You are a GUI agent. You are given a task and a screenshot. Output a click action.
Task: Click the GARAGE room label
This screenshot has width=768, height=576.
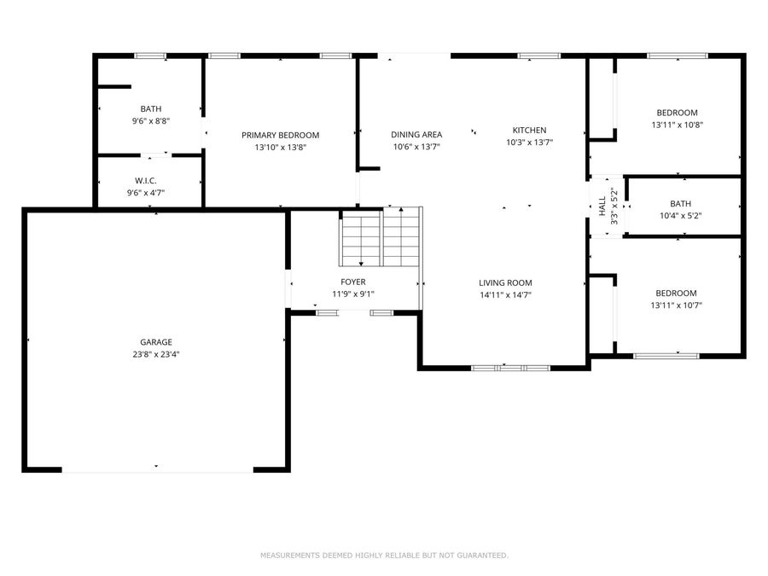[156, 342]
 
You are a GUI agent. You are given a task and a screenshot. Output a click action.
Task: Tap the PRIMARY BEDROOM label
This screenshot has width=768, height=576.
[280, 135]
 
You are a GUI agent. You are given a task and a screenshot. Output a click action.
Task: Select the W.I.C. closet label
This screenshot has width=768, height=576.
[145, 181]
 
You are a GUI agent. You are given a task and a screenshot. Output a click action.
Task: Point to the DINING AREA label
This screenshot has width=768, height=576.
[416, 134]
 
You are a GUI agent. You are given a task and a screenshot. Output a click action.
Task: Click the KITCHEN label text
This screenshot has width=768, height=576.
[529, 130]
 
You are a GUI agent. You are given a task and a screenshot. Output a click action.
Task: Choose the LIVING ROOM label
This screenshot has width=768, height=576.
[505, 282]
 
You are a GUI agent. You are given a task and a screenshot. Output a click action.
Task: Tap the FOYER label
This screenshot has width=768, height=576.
[352, 282]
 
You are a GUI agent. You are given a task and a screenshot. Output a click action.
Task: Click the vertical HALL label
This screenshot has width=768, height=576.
[602, 207]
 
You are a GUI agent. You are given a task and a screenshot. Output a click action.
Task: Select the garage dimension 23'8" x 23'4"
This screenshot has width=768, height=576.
[156, 354]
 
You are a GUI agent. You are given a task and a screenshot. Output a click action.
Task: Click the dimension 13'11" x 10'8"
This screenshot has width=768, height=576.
[677, 125]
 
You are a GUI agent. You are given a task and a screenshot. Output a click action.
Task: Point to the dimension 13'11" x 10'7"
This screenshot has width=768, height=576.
[676, 305]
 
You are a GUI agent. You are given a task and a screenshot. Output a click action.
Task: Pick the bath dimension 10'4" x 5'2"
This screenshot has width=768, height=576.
[680, 216]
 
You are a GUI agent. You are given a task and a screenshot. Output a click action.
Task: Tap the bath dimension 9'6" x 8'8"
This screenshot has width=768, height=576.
[150, 120]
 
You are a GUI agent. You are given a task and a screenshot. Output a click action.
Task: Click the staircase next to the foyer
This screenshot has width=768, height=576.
[380, 237]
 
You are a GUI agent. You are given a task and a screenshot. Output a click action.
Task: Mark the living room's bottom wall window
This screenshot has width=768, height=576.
[510, 368]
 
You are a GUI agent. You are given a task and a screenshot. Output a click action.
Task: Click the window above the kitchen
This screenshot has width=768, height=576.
[538, 55]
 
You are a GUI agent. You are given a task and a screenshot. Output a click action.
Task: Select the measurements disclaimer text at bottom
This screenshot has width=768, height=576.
[384, 556]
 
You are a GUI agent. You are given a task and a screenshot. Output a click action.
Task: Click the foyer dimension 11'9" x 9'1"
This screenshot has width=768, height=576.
[352, 294]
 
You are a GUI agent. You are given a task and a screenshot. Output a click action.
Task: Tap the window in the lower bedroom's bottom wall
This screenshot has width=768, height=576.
[666, 356]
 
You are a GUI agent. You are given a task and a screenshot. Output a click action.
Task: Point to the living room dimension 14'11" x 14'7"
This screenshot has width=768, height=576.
[505, 295]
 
